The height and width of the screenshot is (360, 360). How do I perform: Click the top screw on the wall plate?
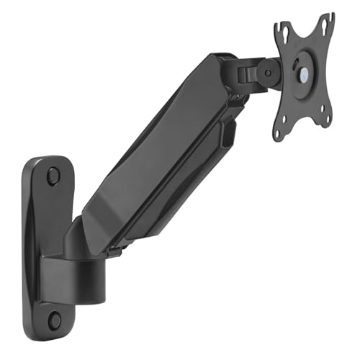tap(53, 175)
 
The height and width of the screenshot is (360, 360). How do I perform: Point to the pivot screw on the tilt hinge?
tap(268, 72)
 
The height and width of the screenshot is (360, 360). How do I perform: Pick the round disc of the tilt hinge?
tap(269, 72)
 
